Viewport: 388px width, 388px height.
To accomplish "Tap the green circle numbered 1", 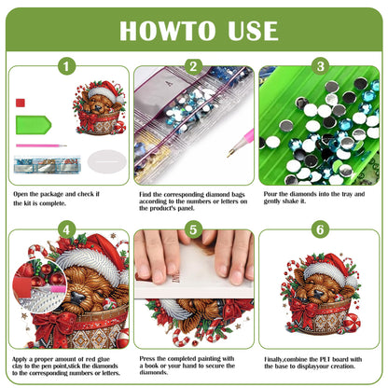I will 66,66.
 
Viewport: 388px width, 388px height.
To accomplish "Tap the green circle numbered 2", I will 193,66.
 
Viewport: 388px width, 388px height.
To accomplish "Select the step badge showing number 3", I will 319,66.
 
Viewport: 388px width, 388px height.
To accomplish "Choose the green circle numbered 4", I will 66,229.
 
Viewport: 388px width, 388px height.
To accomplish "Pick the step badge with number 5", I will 193,229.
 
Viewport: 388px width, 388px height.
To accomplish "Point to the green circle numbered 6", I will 319,229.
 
